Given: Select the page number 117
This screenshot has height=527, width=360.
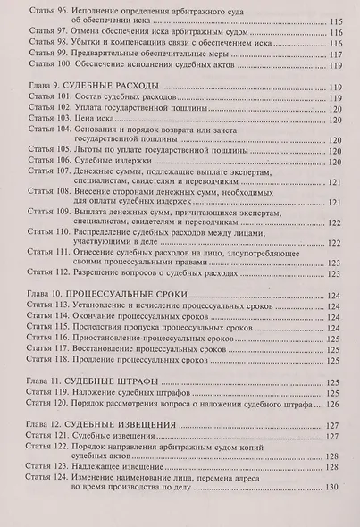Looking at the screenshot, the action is pos(336,54).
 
